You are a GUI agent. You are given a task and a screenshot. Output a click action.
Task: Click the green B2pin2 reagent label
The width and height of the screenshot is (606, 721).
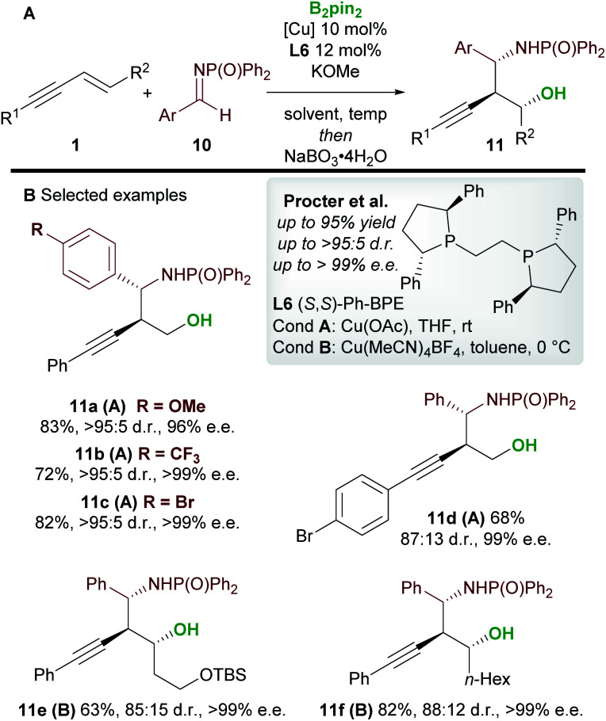pyautogui.click(x=334, y=14)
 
